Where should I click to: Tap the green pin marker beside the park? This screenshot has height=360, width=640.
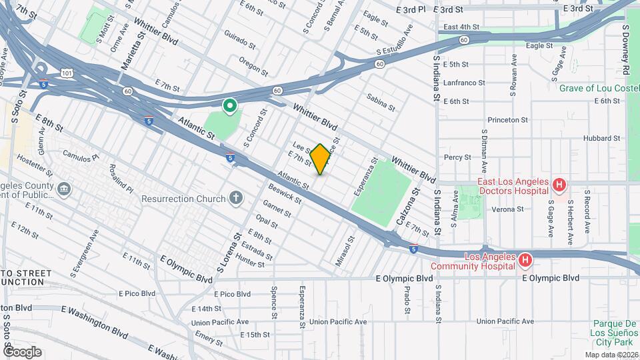tap(229, 105)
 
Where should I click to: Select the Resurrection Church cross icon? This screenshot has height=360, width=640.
tap(235, 197)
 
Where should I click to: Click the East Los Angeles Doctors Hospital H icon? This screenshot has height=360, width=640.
tap(560, 184)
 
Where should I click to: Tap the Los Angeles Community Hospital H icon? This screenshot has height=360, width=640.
tap(525, 259)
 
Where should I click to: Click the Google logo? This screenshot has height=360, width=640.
tap(22, 351)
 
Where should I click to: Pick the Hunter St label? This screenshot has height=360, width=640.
tap(250, 264)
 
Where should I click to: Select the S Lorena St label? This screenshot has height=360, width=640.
tap(229, 252)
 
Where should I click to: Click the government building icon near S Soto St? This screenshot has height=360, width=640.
tap(64, 189)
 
